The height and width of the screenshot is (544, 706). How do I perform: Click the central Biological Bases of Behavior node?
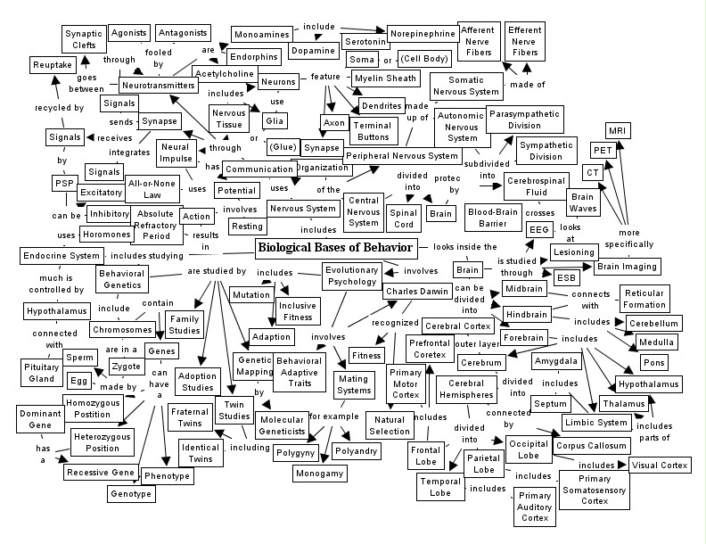click(x=335, y=247)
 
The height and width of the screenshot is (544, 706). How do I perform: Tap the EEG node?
click(x=538, y=230)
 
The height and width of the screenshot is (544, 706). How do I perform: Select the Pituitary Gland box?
click(x=39, y=373)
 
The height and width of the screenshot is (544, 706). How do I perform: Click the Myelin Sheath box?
click(x=385, y=78)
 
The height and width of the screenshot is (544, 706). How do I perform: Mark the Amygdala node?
click(x=556, y=361)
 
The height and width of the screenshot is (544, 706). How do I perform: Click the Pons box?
click(x=653, y=363)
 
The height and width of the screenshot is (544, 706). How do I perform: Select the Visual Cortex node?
click(x=659, y=465)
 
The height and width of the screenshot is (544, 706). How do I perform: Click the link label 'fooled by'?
click(x=159, y=59)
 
